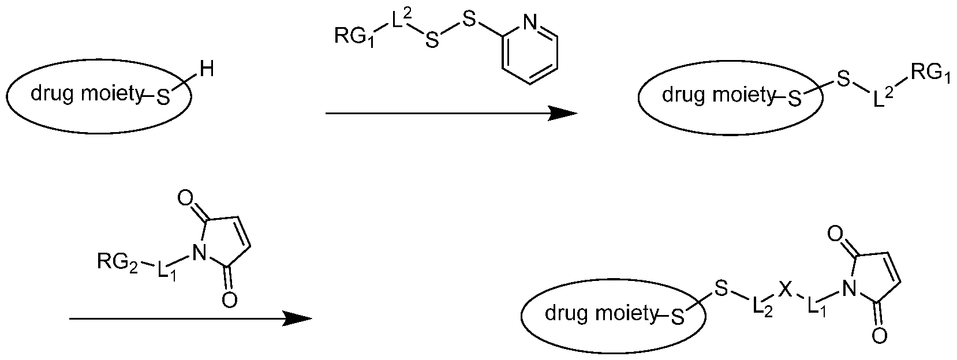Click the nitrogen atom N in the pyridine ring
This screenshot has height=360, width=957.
coord(530,22)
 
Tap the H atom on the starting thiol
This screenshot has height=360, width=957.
coord(207,69)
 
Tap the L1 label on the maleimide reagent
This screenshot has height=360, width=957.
coord(167,271)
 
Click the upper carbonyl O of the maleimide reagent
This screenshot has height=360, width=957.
coord(185,198)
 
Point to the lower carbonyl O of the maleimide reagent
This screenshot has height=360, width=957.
coord(229,300)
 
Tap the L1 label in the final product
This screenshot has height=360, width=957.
coord(816,308)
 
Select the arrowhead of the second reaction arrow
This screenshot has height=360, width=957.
coord(298,318)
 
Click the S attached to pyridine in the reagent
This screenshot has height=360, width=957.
coord(469,20)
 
